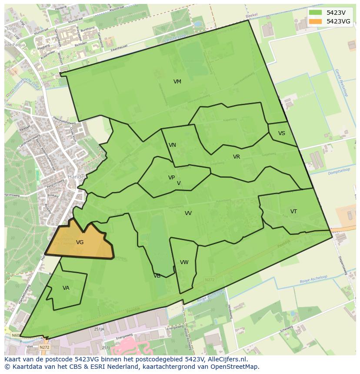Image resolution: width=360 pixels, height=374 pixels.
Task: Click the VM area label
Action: [x=177, y=82]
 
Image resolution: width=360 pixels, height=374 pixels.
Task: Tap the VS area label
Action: [x=282, y=133]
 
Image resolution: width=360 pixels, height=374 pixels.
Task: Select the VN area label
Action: [x=173, y=145]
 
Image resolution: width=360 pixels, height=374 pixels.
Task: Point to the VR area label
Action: [x=237, y=157]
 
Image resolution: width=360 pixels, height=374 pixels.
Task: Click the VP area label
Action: [x=172, y=178]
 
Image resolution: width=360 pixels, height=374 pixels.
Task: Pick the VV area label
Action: [x=188, y=213]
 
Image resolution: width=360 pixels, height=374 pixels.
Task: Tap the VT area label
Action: [x=294, y=212]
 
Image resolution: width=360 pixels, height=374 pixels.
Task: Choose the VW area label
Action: [x=184, y=262]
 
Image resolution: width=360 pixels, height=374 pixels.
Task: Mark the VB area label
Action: [x=157, y=276]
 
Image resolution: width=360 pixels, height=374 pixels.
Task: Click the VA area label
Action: [x=66, y=288]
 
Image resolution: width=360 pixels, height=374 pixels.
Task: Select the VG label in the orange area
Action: [x=80, y=242]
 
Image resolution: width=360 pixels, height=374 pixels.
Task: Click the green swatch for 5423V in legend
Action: [x=316, y=13]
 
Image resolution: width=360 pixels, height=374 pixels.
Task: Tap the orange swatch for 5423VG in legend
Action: [x=316, y=21]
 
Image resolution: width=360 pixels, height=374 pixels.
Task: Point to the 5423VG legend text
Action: [x=338, y=21]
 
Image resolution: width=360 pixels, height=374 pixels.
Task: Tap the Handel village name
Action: [x=76, y=177]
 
